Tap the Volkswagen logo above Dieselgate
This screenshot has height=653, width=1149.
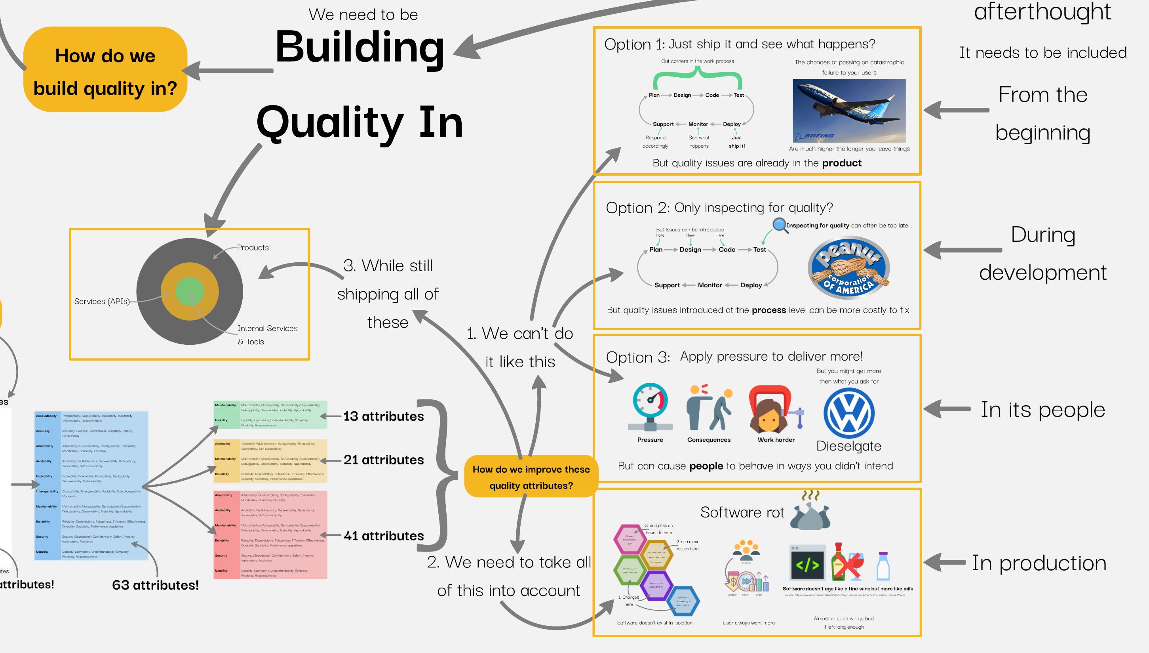click(849, 413)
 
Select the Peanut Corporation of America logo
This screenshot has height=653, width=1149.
click(848, 268)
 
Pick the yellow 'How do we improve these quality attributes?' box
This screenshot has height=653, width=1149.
click(531, 477)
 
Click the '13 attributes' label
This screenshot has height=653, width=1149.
click(383, 416)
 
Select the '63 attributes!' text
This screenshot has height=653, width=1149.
click(155, 585)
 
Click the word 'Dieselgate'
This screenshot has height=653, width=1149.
click(848, 446)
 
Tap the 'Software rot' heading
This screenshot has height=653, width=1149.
click(742, 512)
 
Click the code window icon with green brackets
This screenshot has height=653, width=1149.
click(807, 563)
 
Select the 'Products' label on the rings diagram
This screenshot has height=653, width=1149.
click(253, 248)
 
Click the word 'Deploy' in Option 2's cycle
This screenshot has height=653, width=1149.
click(751, 285)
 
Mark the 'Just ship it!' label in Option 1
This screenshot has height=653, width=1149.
click(737, 142)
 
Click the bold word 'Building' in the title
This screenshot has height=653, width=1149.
click(360, 47)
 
